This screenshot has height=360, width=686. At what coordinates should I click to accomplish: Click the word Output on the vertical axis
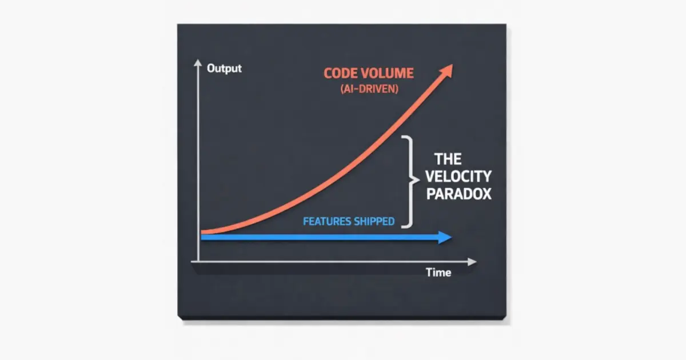tap(224, 69)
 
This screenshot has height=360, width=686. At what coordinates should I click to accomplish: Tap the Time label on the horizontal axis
tap(438, 273)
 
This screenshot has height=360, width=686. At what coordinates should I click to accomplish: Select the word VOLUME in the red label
tap(389, 74)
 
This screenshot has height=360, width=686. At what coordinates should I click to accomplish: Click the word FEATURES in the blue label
tap(326, 221)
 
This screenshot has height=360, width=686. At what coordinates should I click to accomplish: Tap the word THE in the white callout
tap(448, 158)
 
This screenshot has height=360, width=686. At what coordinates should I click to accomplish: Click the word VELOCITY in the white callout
tap(462, 176)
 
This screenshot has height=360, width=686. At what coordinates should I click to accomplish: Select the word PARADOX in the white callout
tap(459, 194)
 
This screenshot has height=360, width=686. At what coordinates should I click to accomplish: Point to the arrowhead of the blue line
tap(445, 238)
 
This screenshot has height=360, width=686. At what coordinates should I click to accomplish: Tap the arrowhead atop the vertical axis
tap(198, 62)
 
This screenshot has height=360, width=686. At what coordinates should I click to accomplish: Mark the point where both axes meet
tap(198, 262)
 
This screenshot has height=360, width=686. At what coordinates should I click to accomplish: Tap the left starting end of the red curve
tap(202, 232)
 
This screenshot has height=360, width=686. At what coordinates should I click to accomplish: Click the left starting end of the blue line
tap(202, 238)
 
